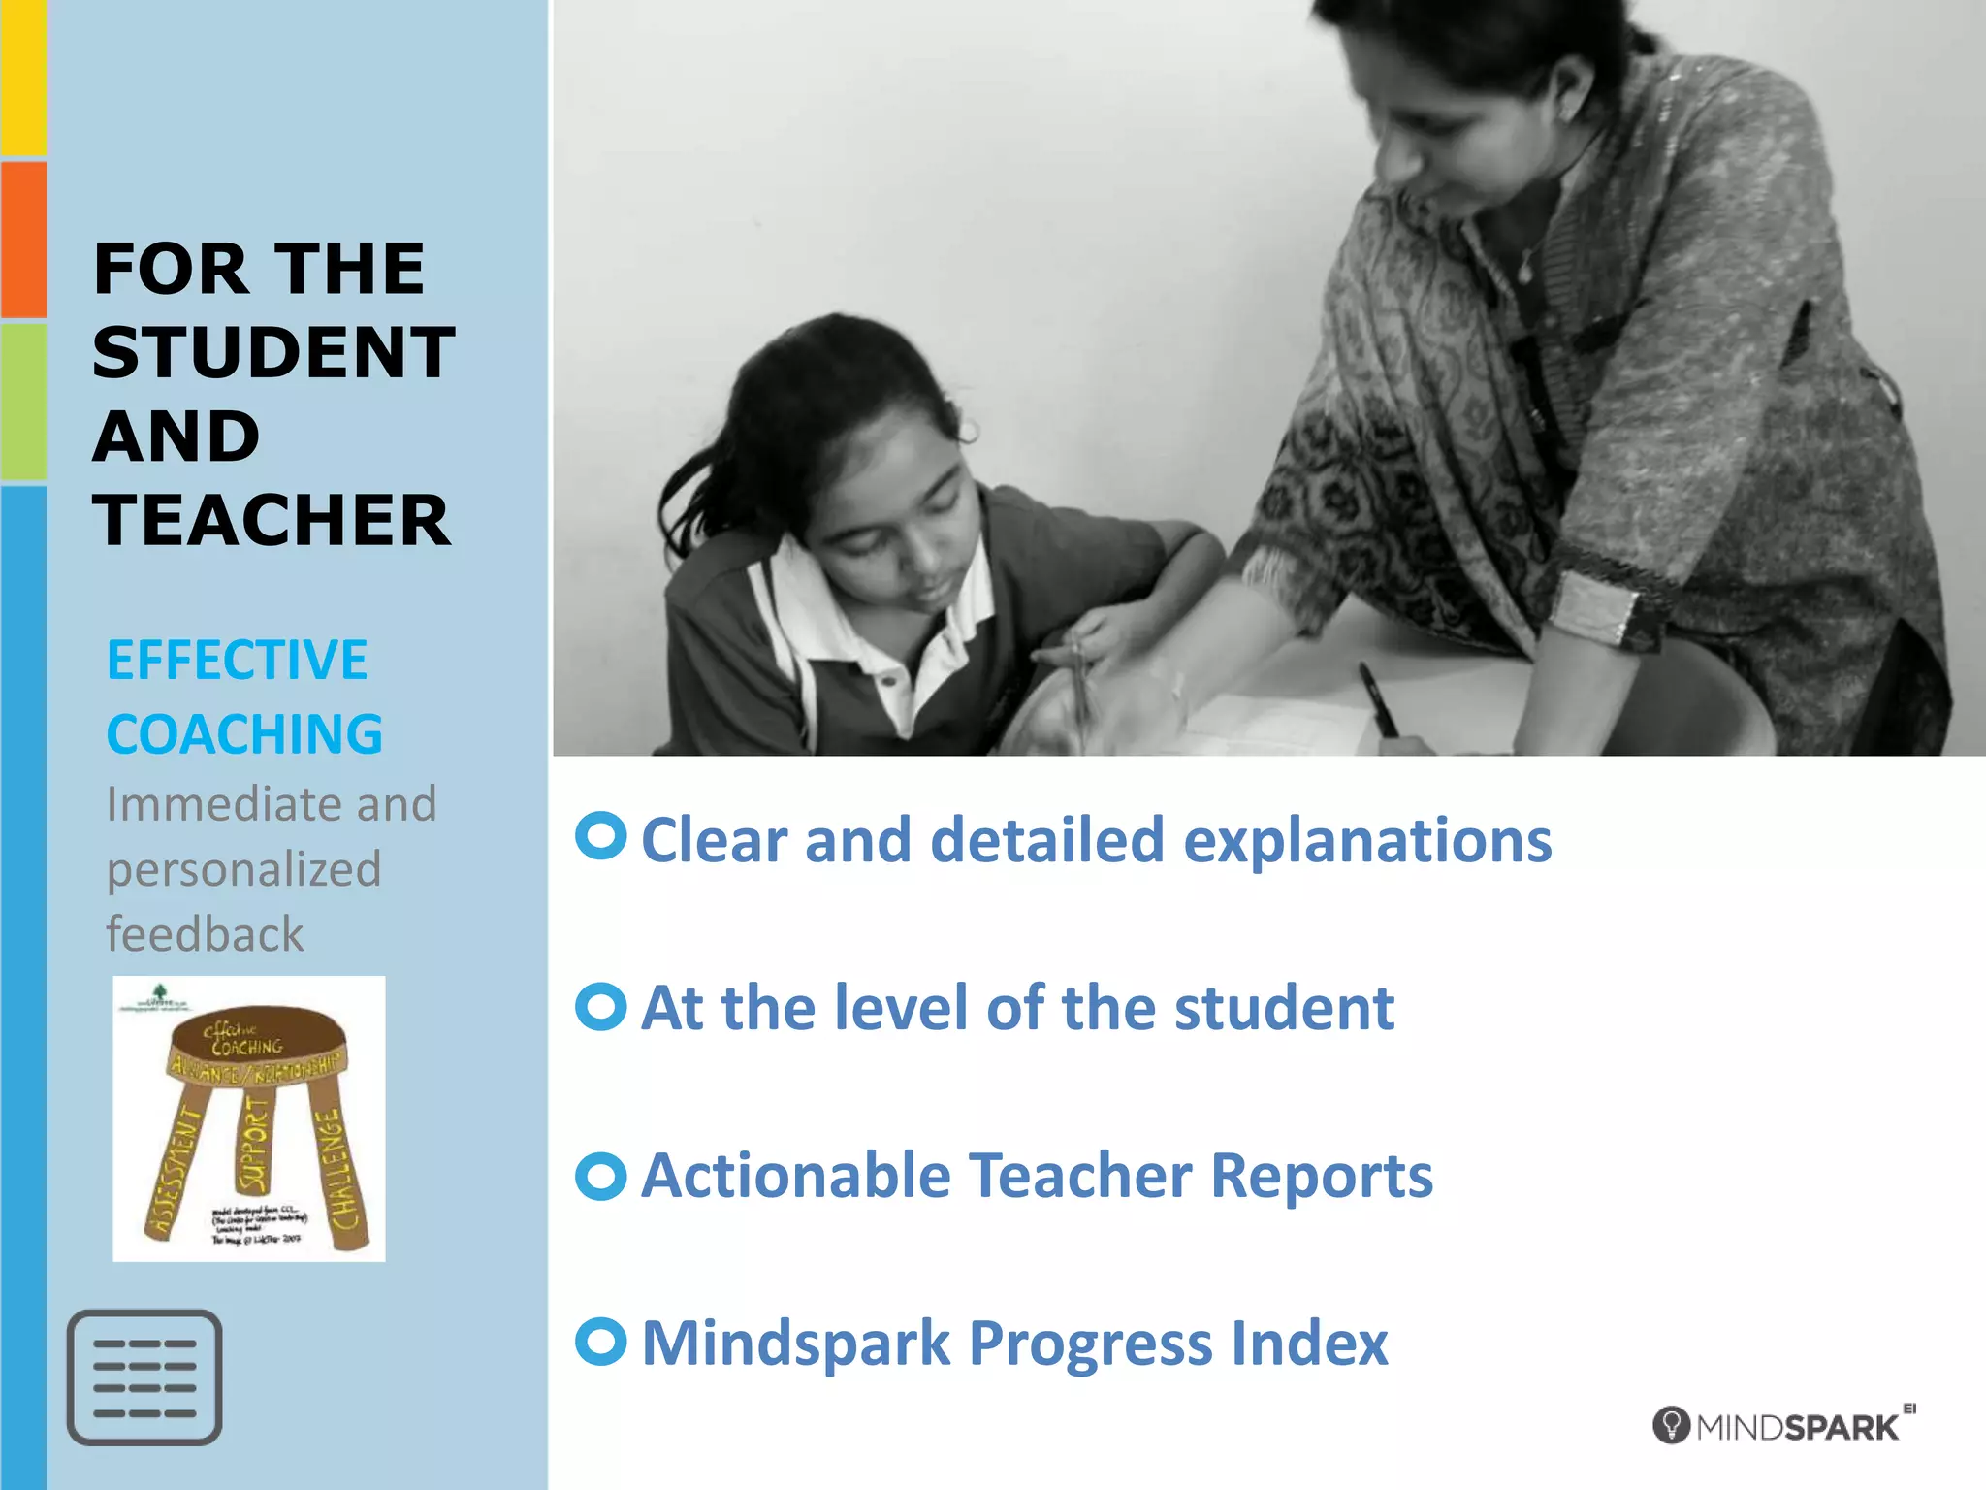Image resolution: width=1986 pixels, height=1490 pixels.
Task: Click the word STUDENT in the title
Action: tap(273, 352)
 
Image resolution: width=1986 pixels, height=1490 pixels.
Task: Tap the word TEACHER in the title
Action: tap(272, 520)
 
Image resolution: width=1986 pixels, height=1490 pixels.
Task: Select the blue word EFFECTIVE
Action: tap(238, 661)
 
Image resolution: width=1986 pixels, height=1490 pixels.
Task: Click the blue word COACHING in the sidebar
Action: tap(244, 734)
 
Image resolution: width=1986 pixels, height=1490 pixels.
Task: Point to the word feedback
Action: tap(205, 934)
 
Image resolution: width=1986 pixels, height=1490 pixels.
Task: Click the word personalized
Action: tap(243, 869)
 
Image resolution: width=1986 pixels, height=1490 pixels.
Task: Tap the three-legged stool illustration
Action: tap(250, 1118)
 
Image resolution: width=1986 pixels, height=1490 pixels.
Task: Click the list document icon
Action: tap(144, 1377)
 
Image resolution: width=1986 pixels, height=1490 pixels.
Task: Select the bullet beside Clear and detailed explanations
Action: tap(600, 835)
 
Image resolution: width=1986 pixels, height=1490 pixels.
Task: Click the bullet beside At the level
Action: tap(600, 1007)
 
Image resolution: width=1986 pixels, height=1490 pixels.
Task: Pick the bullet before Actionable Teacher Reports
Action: tap(600, 1176)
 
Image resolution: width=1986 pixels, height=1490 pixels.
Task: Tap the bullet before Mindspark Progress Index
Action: tap(600, 1342)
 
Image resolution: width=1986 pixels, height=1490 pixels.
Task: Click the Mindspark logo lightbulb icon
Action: tap(1671, 1425)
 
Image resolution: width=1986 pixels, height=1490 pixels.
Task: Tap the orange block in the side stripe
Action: tap(23, 240)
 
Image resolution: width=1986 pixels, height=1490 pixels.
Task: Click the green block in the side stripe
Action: tap(23, 402)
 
